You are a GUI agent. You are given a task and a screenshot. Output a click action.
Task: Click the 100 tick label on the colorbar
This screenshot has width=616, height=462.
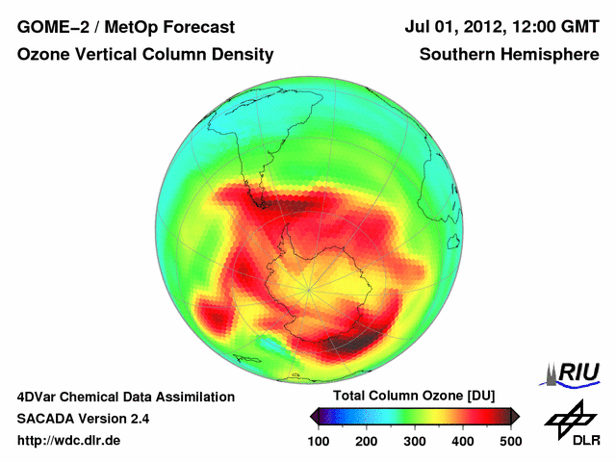[x=320, y=441]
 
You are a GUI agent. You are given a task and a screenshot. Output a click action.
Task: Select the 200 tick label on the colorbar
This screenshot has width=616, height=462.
[x=367, y=441]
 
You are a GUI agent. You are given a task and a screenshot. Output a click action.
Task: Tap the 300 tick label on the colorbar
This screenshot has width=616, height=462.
[x=415, y=441]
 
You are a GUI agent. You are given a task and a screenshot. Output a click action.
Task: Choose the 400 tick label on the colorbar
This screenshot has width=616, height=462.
[x=463, y=441]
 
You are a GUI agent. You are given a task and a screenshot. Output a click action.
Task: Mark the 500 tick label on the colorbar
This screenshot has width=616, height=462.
[x=510, y=441]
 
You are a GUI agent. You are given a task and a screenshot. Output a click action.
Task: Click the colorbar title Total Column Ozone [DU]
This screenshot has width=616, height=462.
[x=414, y=397]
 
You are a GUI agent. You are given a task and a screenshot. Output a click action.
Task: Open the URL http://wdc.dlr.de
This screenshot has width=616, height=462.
[x=69, y=441]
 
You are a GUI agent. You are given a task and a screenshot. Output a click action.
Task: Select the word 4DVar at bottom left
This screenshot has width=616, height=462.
[x=39, y=397]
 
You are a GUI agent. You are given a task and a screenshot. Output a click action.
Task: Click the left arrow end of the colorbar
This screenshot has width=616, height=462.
[x=314, y=416]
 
